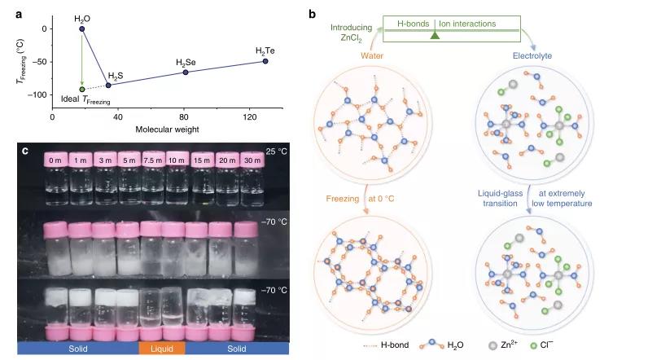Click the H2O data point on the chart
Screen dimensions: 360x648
coord(81,29)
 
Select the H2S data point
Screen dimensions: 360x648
coord(108,85)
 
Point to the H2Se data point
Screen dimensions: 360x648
coord(185,72)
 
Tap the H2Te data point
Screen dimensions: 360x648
coord(265,61)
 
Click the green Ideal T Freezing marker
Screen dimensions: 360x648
coord(81,89)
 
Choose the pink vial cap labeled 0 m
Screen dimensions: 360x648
coord(55,160)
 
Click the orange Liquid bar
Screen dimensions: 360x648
coord(161,348)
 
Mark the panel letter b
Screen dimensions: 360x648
coord(314,13)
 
